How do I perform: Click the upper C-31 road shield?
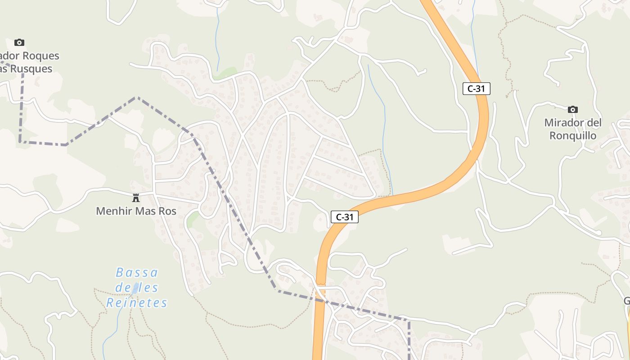(476, 89)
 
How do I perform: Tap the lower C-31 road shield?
(345, 217)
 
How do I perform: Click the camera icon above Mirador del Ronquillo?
(572, 109)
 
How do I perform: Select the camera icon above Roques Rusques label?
(19, 42)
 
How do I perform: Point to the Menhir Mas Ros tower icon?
(135, 198)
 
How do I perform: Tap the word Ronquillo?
(572, 136)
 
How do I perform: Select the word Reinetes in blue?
(137, 303)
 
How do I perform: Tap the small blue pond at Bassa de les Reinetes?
(135, 288)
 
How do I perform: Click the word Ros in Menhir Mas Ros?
(167, 211)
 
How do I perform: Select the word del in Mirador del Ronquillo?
(594, 123)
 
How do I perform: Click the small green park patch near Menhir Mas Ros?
(193, 219)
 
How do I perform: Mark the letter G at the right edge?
(627, 301)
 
